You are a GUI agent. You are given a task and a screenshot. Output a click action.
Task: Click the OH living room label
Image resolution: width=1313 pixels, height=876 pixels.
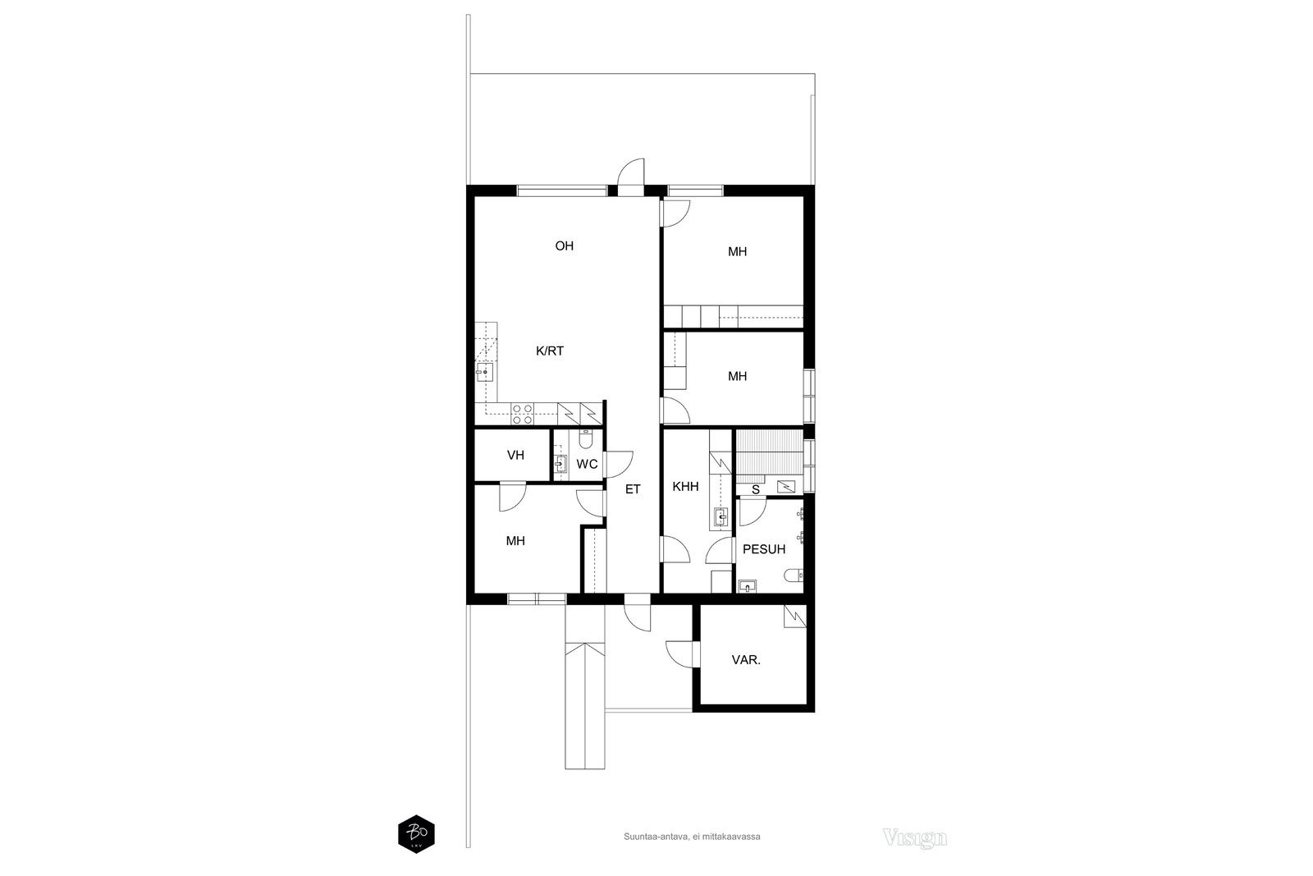pyautogui.click(x=565, y=246)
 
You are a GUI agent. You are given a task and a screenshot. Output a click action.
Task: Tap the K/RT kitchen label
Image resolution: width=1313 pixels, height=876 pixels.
pyautogui.click(x=550, y=351)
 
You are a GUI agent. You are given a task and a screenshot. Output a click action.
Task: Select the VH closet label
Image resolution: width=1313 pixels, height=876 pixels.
pyautogui.click(x=516, y=456)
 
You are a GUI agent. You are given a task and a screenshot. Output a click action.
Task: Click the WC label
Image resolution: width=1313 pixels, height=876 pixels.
pyautogui.click(x=587, y=465)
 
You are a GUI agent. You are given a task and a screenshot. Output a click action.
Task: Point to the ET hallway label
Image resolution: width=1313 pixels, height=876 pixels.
pyautogui.click(x=633, y=489)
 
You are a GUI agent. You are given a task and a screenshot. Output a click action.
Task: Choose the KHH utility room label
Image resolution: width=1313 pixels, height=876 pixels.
pyautogui.click(x=686, y=487)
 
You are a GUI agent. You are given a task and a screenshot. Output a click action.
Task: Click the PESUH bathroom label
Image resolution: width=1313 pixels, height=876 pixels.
pyautogui.click(x=764, y=549)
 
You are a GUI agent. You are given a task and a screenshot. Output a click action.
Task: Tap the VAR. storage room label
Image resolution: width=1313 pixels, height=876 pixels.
pyautogui.click(x=746, y=660)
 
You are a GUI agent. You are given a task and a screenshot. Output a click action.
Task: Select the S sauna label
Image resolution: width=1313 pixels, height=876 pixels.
pyautogui.click(x=756, y=489)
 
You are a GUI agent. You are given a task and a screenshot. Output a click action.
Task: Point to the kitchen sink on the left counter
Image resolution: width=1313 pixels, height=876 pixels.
pyautogui.click(x=485, y=373)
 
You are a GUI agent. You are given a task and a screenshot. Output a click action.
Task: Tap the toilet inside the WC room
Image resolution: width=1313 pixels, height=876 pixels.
pyautogui.click(x=586, y=438)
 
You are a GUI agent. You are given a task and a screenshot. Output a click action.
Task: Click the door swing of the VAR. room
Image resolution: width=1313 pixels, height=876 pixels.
pyautogui.click(x=680, y=654)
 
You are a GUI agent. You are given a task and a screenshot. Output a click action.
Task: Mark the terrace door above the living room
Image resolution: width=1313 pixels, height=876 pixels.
pyautogui.click(x=632, y=177)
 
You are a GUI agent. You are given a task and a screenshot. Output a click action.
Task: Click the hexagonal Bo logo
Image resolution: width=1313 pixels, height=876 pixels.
pyautogui.click(x=416, y=834)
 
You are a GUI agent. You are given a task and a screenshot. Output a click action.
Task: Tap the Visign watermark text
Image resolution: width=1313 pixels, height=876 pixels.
pyautogui.click(x=914, y=837)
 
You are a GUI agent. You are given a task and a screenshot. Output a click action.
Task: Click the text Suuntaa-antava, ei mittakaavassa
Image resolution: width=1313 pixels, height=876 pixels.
pyautogui.click(x=692, y=837)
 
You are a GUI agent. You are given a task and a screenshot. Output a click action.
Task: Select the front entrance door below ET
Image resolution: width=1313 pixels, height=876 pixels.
pyautogui.click(x=638, y=613)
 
